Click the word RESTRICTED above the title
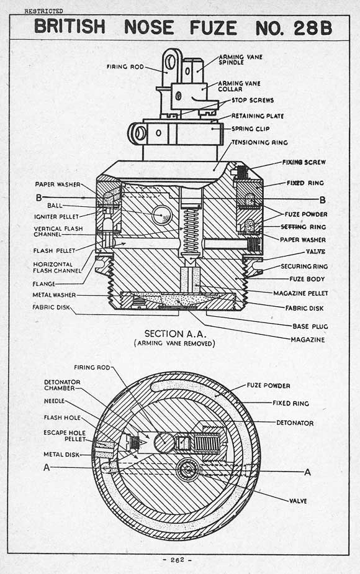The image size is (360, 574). coord(43,11)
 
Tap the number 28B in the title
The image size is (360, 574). coord(313,28)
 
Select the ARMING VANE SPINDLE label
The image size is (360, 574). coord(240,60)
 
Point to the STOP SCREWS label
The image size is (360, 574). coord(253,100)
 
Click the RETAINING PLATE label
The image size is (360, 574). coord(258,116)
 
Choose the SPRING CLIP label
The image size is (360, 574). coord(250,129)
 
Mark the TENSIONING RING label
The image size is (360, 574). coord(259,142)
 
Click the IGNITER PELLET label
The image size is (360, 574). coord(56,217)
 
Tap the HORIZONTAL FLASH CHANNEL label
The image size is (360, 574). coord(57,268)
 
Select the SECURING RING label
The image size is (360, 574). coord(304,266)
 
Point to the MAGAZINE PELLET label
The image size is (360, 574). coord(301,293)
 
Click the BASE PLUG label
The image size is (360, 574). coord(310,326)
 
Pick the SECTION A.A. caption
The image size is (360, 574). coord(175,334)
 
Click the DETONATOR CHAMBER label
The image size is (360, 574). coord(62,385)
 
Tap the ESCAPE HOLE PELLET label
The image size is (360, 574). coord(65,436)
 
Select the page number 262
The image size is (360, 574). coord(177,560)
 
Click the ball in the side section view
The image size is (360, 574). coord(163,214)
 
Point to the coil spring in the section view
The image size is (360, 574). coord(191,231)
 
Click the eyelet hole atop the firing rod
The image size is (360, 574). coord(170,62)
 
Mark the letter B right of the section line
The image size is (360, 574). coord(322,200)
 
